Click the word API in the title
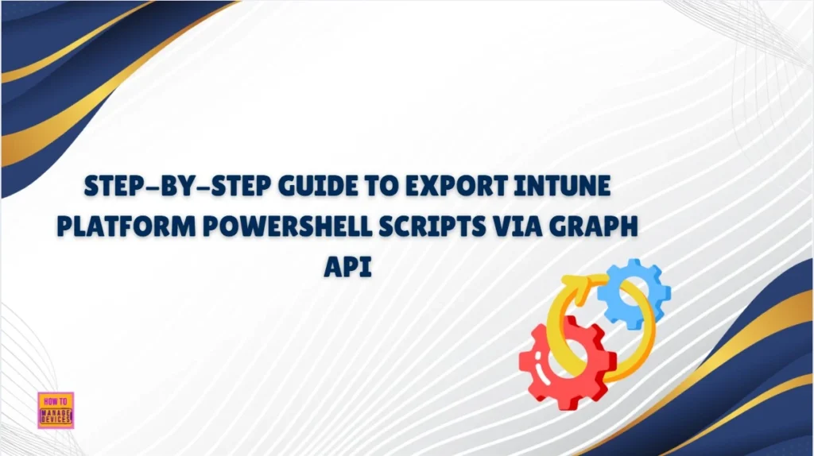pos(348,267)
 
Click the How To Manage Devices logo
pos(55,410)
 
